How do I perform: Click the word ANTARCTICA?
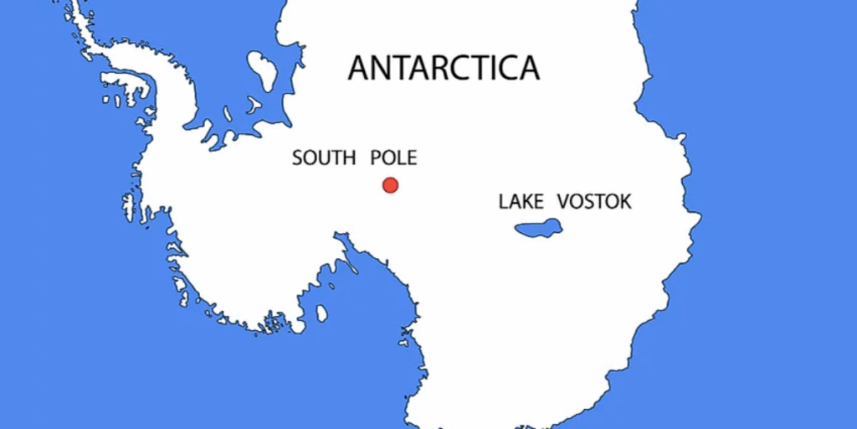(444, 68)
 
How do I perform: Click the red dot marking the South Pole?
(390, 185)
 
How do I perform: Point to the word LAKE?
(521, 202)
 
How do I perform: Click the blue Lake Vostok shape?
(538, 227)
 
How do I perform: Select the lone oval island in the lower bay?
(321, 313)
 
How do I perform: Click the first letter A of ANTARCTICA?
(359, 68)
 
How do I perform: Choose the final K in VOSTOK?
(624, 202)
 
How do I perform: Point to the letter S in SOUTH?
(297, 158)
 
